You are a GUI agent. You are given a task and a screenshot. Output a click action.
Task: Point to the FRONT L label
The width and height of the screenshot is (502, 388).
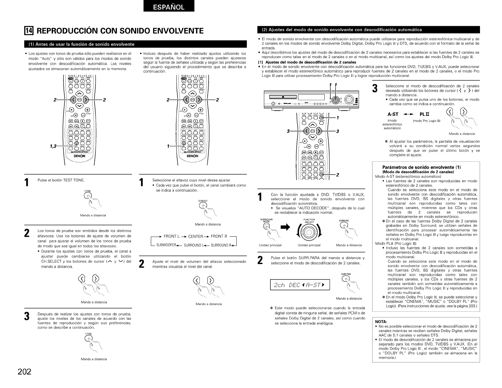point(173,236)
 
